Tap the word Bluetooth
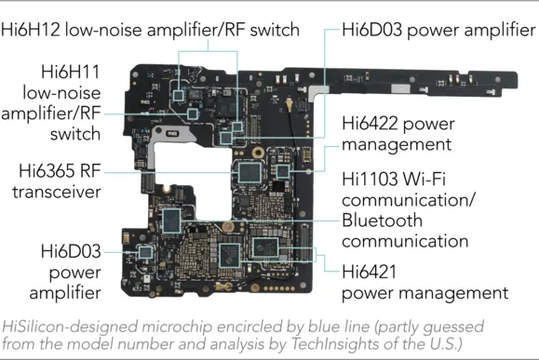[x=382, y=221]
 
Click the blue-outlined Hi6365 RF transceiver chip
[x=248, y=171]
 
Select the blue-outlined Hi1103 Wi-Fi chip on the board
[x=266, y=246]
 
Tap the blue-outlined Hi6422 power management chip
[x=283, y=171]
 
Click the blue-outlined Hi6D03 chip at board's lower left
[x=144, y=251]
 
